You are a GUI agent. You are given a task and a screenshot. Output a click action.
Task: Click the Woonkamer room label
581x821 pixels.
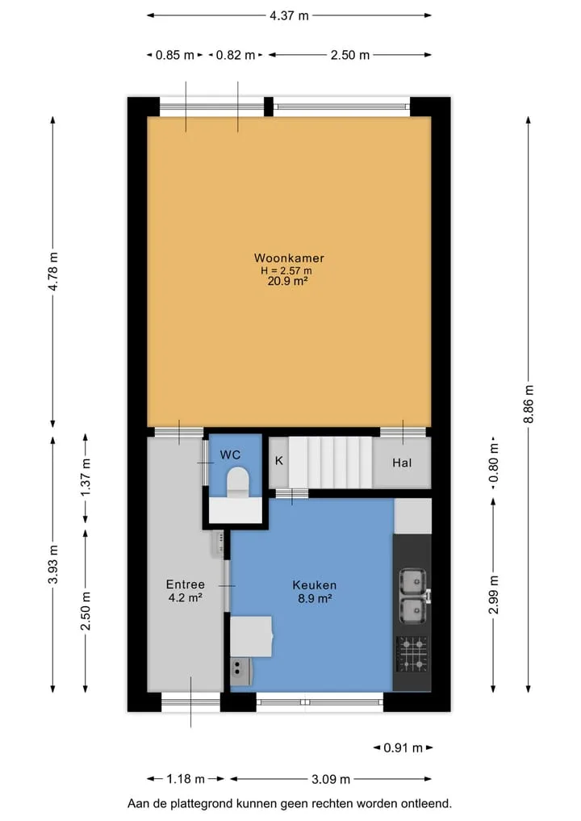(x=289, y=258)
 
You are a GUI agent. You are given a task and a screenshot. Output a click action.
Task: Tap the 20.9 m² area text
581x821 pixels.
(x=287, y=281)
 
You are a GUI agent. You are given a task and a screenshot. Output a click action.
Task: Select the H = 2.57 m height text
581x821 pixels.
(x=286, y=270)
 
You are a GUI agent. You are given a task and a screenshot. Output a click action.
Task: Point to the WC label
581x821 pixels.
(x=230, y=454)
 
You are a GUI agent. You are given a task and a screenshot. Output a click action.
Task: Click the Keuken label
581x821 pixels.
(x=315, y=584)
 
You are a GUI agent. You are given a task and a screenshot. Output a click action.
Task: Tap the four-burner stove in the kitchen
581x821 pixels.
(x=412, y=654)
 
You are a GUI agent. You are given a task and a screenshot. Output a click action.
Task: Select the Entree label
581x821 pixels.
(x=186, y=584)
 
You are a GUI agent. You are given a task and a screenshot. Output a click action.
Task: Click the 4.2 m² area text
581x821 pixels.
(x=186, y=597)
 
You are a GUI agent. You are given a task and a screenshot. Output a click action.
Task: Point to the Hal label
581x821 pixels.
(x=402, y=463)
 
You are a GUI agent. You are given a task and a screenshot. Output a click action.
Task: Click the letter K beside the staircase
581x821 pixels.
(x=279, y=461)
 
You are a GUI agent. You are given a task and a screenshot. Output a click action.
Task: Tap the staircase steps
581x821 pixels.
(x=330, y=463)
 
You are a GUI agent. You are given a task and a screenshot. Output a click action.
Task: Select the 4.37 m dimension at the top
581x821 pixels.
(x=289, y=15)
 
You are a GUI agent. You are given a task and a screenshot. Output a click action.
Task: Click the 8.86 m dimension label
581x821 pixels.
(x=529, y=404)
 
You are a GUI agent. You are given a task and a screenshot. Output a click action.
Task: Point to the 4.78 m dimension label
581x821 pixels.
(x=53, y=271)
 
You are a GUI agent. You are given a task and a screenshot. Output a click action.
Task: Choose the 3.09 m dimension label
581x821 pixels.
(x=331, y=779)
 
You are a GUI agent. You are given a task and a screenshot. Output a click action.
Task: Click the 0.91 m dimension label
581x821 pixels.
(x=403, y=748)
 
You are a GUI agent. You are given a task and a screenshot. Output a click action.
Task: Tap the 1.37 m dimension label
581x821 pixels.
(x=86, y=477)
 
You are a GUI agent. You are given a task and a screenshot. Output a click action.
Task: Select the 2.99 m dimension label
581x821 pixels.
(x=493, y=595)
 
